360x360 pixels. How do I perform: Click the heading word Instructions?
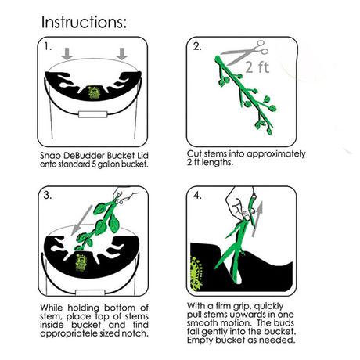pos(84,22)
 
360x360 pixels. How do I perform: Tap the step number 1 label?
pos(48,47)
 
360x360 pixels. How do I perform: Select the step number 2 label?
pos(197,46)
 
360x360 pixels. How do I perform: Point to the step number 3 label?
pos(48,195)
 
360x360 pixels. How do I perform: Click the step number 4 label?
pos(197,195)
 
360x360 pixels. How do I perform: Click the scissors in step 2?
pos(244,52)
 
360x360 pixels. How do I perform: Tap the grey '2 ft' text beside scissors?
pos(257,67)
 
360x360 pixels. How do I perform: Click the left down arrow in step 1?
pos(67,54)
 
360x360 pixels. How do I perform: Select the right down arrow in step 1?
pos(122,54)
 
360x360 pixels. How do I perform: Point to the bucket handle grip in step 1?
pos(93,114)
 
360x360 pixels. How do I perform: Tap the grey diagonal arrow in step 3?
pos(81,219)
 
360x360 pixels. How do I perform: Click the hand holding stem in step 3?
pos(124,196)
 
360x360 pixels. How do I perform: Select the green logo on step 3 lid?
pos(80,262)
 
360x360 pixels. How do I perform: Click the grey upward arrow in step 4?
pos(257,219)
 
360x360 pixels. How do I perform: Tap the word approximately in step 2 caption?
pos(275,154)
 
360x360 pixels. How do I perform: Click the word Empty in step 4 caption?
pos(200,340)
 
